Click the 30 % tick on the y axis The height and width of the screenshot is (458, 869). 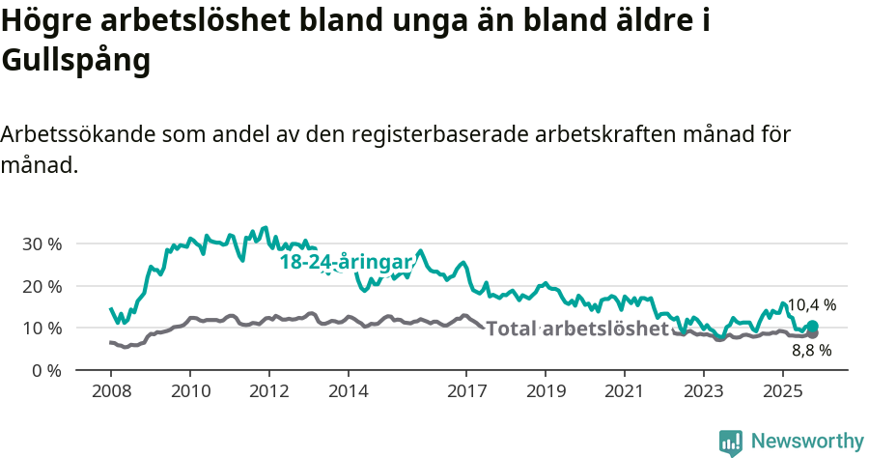coord(41,243)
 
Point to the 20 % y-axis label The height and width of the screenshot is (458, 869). coord(41,286)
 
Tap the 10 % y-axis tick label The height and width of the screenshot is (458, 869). coord(41,328)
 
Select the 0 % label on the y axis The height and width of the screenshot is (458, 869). coord(46,370)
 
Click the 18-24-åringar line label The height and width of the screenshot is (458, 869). coord(346,261)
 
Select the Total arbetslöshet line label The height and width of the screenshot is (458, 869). coord(576,329)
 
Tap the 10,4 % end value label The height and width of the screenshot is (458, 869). coord(811,305)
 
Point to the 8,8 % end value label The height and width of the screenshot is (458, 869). coord(811,351)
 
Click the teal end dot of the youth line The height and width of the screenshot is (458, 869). coord(813,327)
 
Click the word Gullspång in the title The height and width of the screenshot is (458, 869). coord(76,60)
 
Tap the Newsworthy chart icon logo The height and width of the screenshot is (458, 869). coord(731,443)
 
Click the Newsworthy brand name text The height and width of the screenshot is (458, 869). coord(807,442)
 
